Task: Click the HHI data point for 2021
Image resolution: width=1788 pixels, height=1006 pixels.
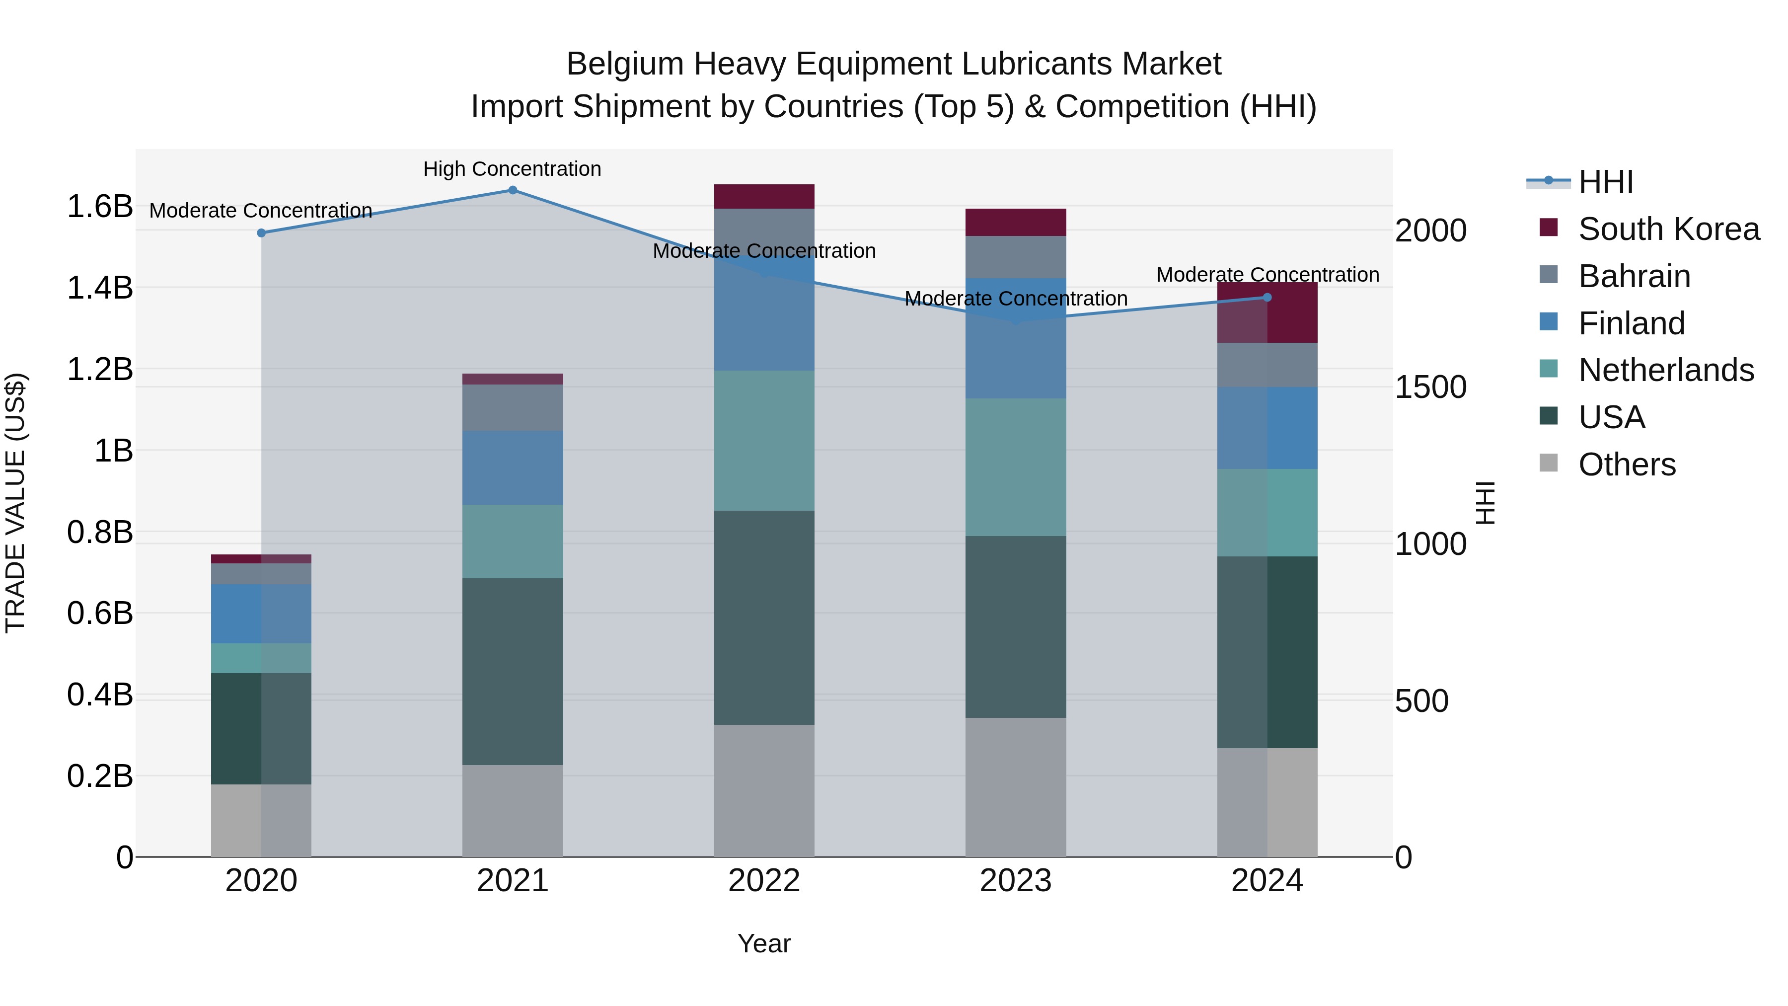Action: (x=512, y=190)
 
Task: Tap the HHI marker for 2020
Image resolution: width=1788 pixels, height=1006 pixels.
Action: (x=262, y=233)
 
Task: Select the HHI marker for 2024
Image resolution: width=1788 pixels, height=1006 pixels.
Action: (x=1266, y=297)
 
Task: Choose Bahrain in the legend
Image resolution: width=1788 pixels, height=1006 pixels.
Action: (x=1634, y=276)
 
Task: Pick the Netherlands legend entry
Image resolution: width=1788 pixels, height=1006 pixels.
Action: (x=1666, y=370)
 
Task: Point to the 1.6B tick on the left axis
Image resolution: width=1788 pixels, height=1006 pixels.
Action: (x=100, y=207)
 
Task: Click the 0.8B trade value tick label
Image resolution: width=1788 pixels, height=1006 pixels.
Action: (x=100, y=533)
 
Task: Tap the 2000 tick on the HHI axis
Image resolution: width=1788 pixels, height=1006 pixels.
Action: (x=1430, y=231)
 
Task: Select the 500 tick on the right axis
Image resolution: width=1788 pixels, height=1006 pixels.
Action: (x=1421, y=701)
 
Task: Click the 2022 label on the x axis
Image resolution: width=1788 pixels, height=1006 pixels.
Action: (x=764, y=881)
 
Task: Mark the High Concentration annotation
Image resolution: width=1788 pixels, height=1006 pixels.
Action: (x=512, y=169)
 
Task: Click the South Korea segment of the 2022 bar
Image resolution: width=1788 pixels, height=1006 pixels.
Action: (x=764, y=196)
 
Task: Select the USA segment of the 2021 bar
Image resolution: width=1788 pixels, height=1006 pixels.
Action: (x=512, y=671)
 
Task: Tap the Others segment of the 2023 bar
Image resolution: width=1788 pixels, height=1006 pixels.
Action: (x=1016, y=787)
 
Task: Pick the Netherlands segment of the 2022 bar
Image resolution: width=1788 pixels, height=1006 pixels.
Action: (x=764, y=441)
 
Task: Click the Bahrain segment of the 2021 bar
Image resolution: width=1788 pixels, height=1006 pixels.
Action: (x=512, y=407)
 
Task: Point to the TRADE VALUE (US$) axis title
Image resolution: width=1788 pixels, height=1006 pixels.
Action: (x=15, y=503)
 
